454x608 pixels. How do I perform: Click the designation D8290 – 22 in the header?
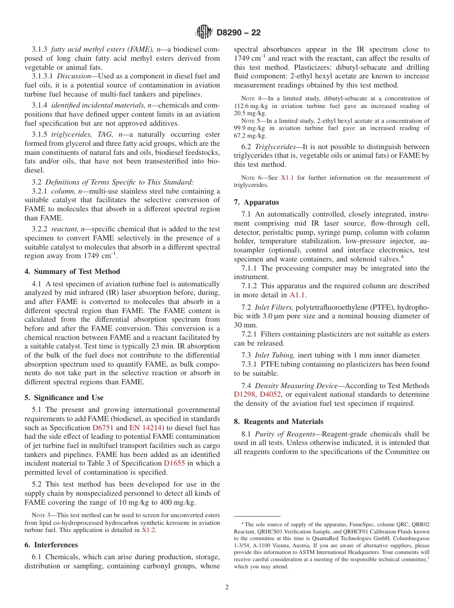point(238,33)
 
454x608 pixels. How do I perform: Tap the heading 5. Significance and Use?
point(64,398)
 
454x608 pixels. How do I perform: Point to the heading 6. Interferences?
point(51,545)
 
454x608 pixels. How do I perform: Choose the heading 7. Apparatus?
point(256,202)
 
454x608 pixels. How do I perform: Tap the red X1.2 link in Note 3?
point(148,530)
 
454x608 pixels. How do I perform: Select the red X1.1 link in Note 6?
point(287,178)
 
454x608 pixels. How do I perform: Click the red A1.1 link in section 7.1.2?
point(298,295)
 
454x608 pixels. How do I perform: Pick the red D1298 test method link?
point(245,395)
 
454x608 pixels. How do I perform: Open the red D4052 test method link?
point(270,395)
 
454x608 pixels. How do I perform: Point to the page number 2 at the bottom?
point(227,587)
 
